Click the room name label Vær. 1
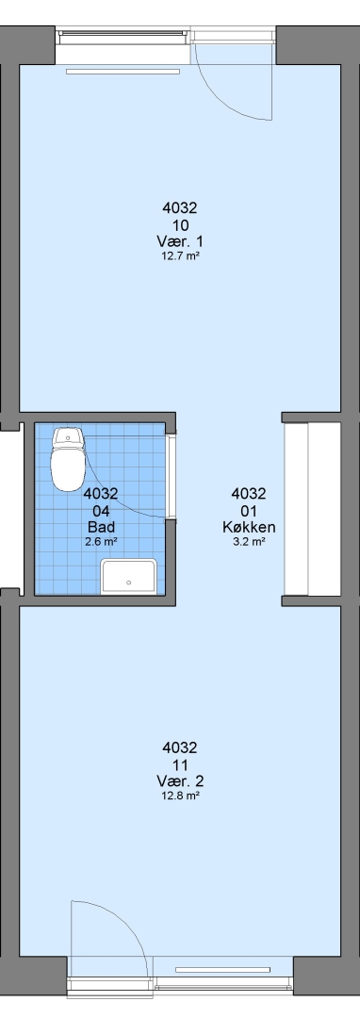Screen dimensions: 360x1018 pos(180,241)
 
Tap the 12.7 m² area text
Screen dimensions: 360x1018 pos(180,255)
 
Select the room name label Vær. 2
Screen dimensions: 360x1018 pos(180,780)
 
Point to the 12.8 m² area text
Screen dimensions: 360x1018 pos(180,795)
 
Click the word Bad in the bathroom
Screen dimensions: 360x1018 pos(101,526)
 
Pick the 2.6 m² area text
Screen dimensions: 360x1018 pos(101,541)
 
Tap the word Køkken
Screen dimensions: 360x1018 pos(249,527)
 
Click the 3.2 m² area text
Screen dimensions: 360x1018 pos(249,541)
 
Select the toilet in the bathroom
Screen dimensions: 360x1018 pos(68,458)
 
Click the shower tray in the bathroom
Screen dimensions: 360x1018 pos(128,577)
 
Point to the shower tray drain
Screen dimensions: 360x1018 pos(128,583)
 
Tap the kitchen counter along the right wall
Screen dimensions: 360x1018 pos(312,509)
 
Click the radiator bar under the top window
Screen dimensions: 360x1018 pos(123,72)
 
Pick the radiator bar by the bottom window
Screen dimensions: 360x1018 pos(222,970)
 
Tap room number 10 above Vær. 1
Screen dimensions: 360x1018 pos(180,225)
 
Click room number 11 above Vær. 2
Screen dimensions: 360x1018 pos(180,764)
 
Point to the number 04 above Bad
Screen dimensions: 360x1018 pos(101,510)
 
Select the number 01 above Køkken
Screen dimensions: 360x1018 pos(249,510)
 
